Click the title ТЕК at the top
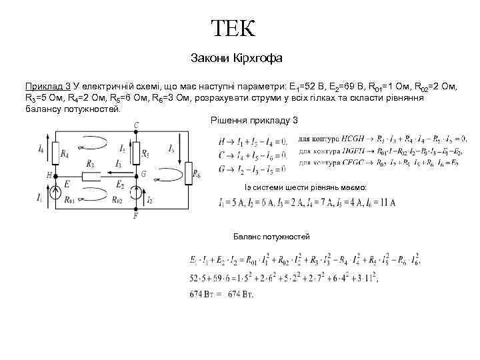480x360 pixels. pyautogui.click(x=233, y=29)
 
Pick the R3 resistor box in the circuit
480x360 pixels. pyautogui.click(x=90, y=175)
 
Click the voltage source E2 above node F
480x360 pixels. pyautogui.click(x=135, y=194)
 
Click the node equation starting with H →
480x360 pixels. pyautogui.click(x=253, y=141)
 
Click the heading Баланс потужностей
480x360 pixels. pyautogui.click(x=271, y=237)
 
